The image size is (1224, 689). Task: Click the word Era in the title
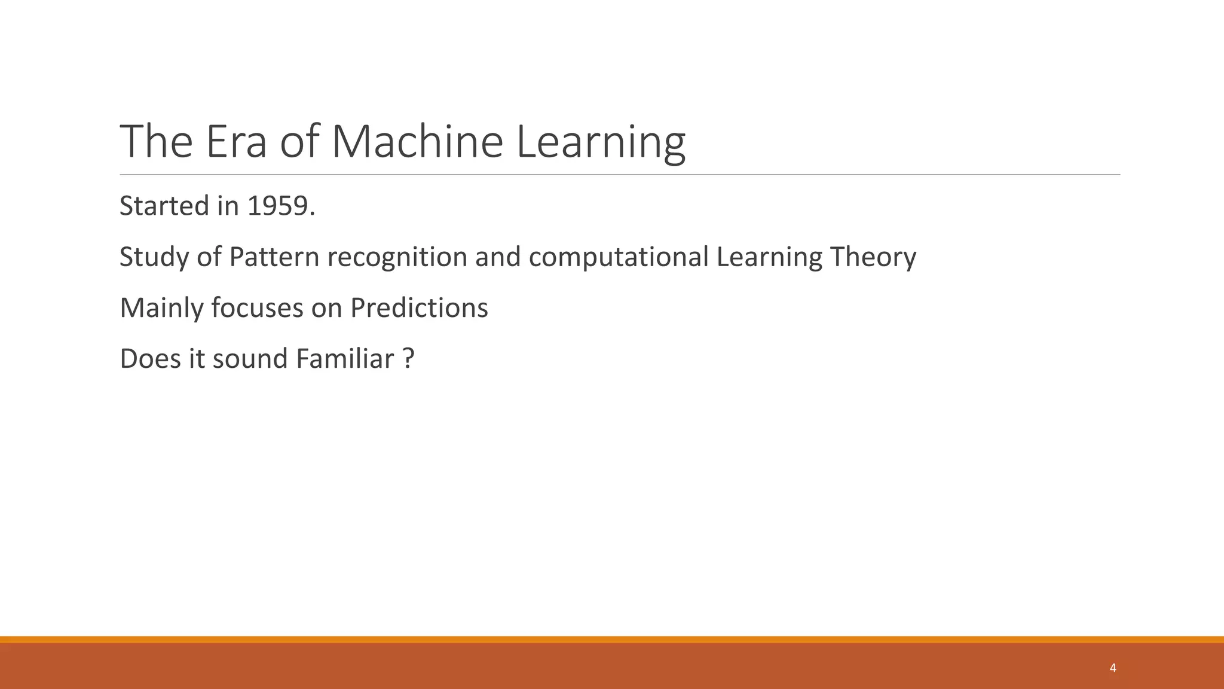tap(236, 142)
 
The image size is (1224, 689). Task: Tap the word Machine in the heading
tap(417, 142)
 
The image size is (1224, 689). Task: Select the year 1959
tap(281, 206)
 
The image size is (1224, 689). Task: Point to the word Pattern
tap(274, 257)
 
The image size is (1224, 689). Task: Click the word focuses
tap(257, 309)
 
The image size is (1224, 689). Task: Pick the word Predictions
tap(419, 309)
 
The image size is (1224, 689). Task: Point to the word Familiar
tap(345, 359)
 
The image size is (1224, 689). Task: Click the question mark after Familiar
tap(408, 359)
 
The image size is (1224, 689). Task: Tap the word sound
tap(250, 359)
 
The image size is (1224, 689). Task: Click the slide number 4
tap(1112, 668)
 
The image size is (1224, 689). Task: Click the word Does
tap(150, 359)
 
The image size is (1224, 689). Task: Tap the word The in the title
tap(156, 142)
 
